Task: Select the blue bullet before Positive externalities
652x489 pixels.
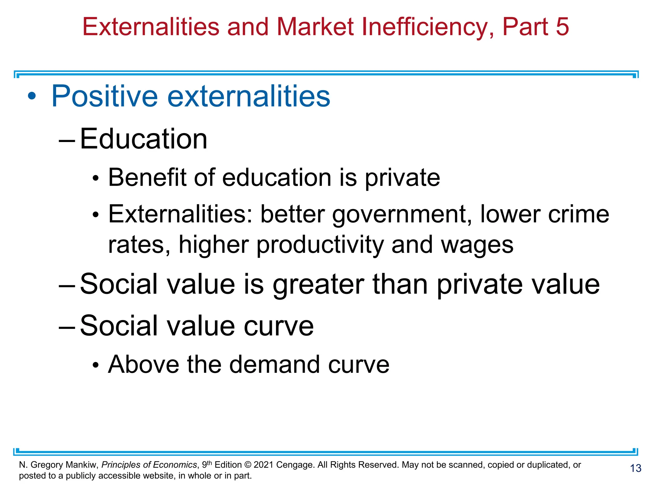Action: (x=32, y=96)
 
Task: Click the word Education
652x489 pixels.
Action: (x=144, y=139)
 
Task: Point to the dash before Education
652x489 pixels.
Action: (x=67, y=140)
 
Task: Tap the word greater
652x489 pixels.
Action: (x=318, y=284)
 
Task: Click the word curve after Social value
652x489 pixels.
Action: (x=279, y=326)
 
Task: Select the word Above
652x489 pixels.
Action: (x=144, y=364)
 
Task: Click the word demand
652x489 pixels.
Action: (x=274, y=364)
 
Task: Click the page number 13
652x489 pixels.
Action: (x=635, y=468)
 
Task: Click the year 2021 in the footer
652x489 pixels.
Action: (x=264, y=465)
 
